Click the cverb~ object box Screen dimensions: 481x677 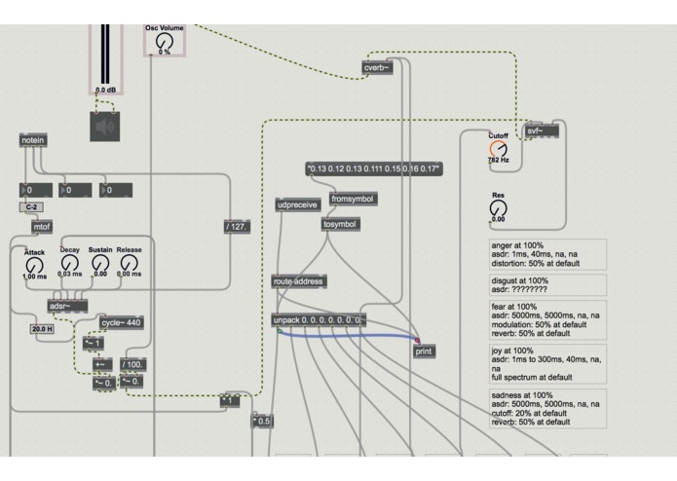coord(376,68)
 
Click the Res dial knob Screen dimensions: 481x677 coord(498,207)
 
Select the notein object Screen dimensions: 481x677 coord(32,141)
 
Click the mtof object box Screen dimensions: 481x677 coord(42,227)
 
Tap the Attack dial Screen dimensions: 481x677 coord(35,263)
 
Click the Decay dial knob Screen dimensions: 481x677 coord(69,263)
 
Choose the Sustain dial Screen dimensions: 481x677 coord(99,263)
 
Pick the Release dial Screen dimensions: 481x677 coord(130,263)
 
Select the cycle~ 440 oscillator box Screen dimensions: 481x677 coord(122,322)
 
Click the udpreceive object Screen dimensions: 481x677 coord(297,205)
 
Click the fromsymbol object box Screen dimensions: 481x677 coord(352,199)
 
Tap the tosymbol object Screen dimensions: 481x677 coord(340,224)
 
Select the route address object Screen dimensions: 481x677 coord(299,280)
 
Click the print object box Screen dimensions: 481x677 coord(424,351)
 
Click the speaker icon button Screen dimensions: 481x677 coord(110,126)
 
